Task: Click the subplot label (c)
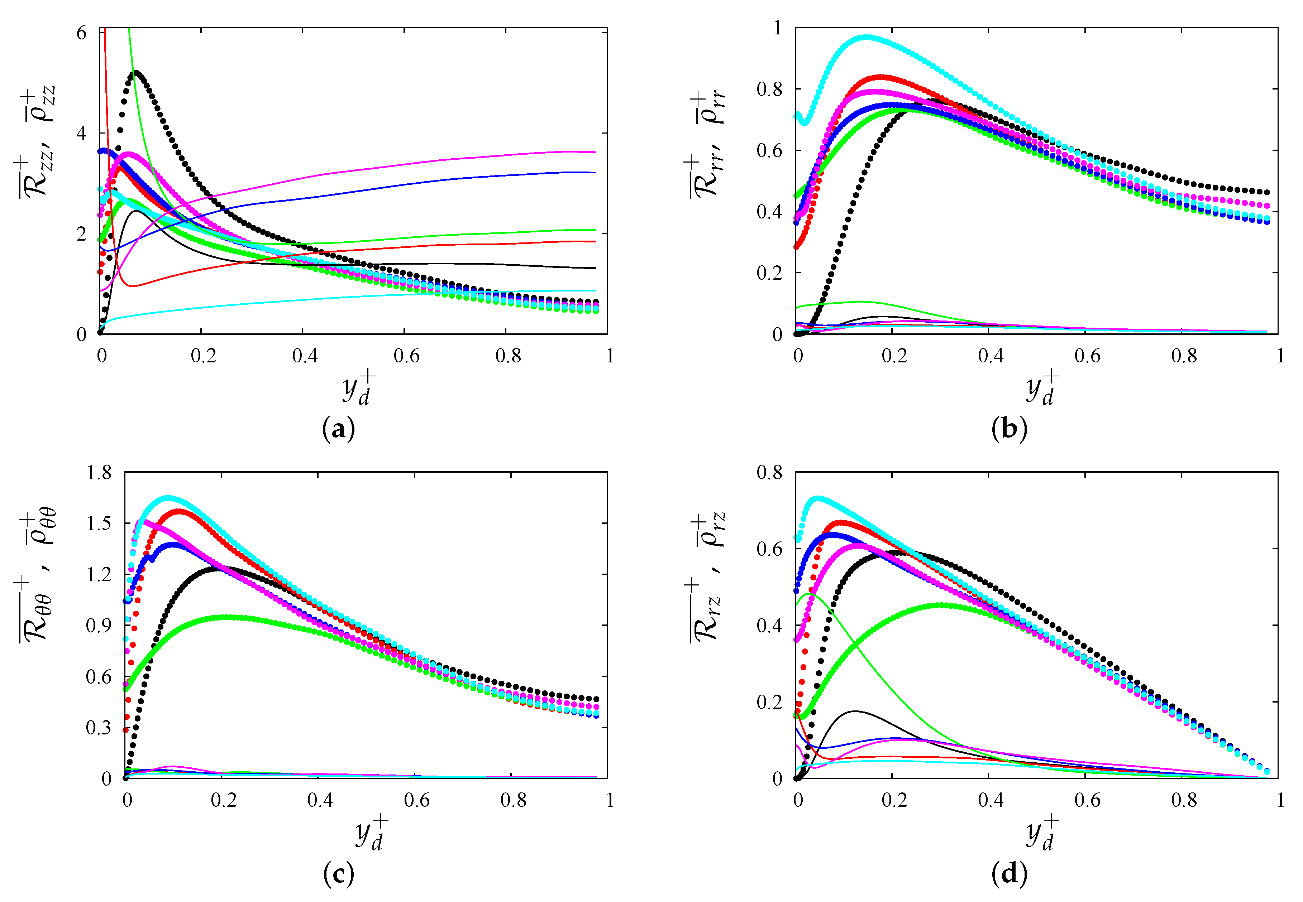338,874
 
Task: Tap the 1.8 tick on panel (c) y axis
99,472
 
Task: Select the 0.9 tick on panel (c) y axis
99,625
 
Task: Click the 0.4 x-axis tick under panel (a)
304,356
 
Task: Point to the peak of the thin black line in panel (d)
855,711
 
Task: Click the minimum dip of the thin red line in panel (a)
132,286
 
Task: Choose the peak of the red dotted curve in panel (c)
179,511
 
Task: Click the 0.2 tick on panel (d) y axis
770,702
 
